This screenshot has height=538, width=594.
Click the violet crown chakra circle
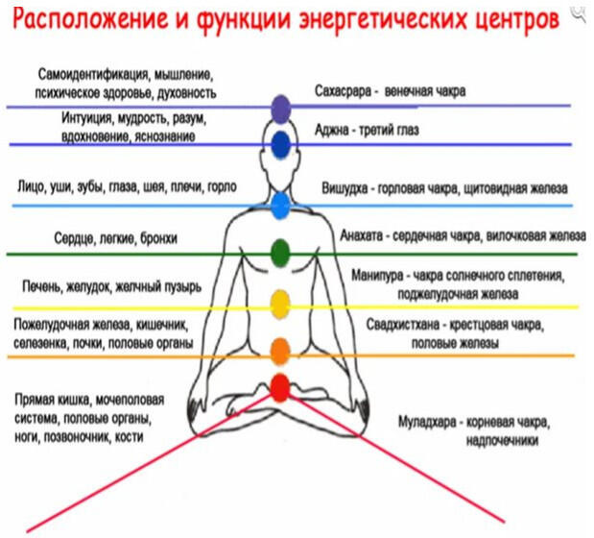(x=281, y=110)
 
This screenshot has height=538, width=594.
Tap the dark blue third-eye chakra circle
(x=281, y=144)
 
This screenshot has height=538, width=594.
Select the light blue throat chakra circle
(x=281, y=206)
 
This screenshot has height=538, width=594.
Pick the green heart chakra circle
(x=280, y=253)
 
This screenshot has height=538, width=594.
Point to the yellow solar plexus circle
(x=280, y=305)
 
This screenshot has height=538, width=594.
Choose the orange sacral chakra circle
(x=280, y=352)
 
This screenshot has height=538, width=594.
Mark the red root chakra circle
(x=280, y=387)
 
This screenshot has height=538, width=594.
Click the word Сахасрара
(x=343, y=91)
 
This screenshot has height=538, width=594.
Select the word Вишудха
(x=345, y=188)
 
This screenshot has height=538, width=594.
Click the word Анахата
(x=362, y=235)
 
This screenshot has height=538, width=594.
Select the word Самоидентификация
(x=93, y=74)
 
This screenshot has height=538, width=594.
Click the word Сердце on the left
(x=74, y=238)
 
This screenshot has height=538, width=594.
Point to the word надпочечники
(x=502, y=441)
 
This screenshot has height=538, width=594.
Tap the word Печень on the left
(x=41, y=286)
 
